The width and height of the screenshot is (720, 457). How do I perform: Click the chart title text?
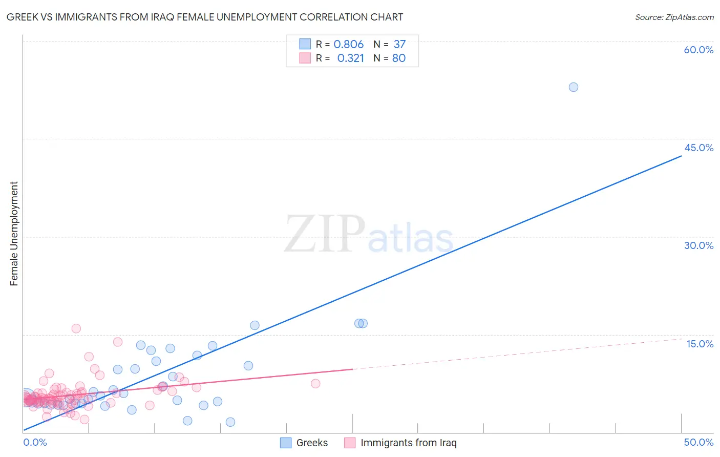pos(205,17)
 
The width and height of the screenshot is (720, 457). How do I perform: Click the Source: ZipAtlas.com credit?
pos(674,17)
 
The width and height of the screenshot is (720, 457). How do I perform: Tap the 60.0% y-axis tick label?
pos(698,50)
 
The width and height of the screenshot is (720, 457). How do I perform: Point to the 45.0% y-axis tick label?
pos(698,148)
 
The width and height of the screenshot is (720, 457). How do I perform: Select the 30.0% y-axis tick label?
pos(698,245)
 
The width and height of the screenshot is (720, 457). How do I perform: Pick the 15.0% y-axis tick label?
pos(700,344)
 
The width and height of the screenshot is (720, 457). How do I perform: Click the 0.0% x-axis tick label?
pos(35,442)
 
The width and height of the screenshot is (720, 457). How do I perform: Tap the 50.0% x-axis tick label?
pos(698,442)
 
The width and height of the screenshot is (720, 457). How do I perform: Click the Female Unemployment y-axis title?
pos(14,233)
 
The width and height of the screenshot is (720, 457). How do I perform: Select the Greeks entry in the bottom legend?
pos(312,443)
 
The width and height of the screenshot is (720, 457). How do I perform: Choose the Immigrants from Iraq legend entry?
pos(408,443)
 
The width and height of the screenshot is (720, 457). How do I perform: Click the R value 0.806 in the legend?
pos(348,44)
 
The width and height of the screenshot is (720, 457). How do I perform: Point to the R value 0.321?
pos(350,58)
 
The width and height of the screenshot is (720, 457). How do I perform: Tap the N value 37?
pos(399,44)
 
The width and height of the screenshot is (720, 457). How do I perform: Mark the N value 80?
pos(399,58)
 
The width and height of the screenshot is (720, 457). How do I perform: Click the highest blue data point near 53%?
pos(574,87)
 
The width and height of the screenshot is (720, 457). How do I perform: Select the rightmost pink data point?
pos(315,384)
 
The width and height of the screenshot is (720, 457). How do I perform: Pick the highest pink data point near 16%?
pos(76,328)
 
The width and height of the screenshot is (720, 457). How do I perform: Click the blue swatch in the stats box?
pos(305,44)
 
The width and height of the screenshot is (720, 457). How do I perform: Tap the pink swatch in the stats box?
pos(305,58)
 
